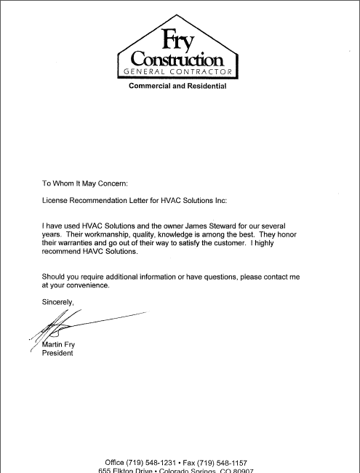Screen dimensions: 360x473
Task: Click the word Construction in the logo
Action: coord(177,58)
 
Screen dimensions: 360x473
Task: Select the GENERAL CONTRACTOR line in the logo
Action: coord(178,72)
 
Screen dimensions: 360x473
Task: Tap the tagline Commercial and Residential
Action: coord(177,87)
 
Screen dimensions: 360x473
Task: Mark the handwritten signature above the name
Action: coord(73,324)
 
